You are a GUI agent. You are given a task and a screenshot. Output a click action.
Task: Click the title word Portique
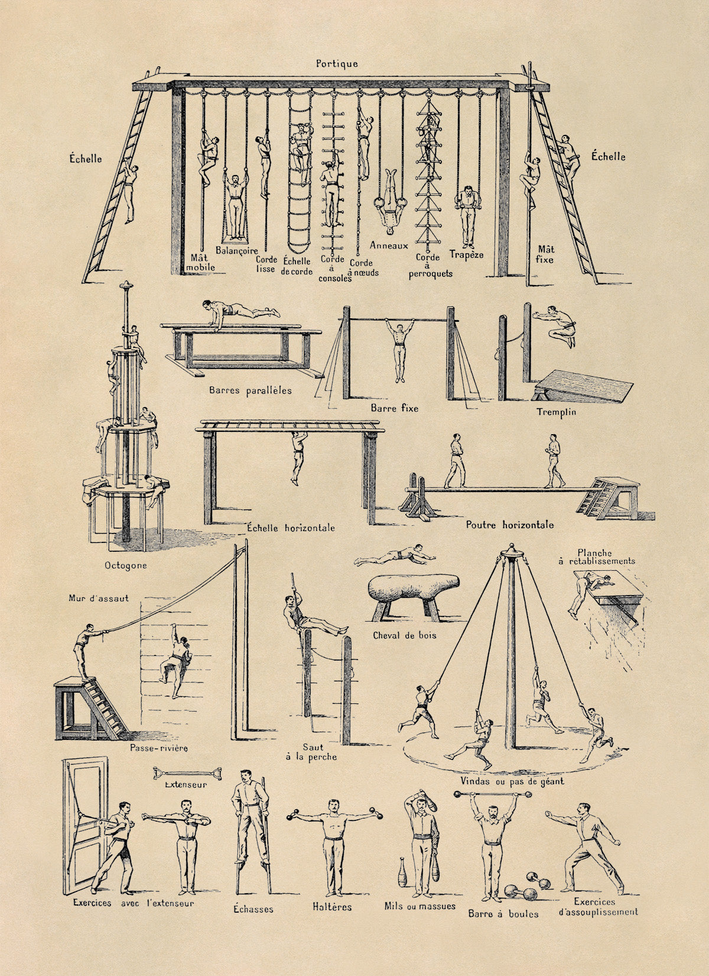336,63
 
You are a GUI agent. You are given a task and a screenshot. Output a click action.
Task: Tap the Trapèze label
466,254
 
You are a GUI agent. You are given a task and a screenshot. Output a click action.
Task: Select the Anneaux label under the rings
389,244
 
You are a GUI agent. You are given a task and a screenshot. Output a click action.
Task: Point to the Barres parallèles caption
250,390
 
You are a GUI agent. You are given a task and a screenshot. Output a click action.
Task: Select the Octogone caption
125,565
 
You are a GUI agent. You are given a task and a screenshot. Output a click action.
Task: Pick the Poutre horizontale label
510,525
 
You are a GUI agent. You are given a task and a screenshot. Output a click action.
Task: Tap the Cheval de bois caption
405,635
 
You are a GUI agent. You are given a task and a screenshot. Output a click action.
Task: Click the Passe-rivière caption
159,748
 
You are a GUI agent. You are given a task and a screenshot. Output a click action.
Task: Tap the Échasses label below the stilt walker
253,909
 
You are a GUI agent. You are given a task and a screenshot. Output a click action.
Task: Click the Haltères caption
332,906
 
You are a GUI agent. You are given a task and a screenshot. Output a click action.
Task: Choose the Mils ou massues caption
419,906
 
